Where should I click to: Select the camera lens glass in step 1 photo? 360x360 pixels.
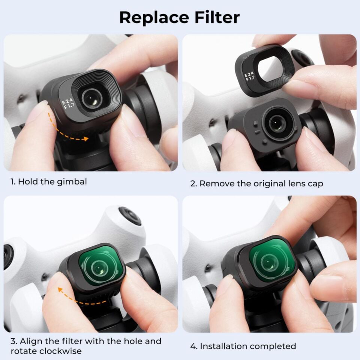click(x=90, y=99)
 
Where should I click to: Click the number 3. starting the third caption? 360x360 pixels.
click(x=13, y=342)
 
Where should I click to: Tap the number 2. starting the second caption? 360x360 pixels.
click(x=193, y=184)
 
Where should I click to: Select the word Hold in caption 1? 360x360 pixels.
click(x=26, y=182)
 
